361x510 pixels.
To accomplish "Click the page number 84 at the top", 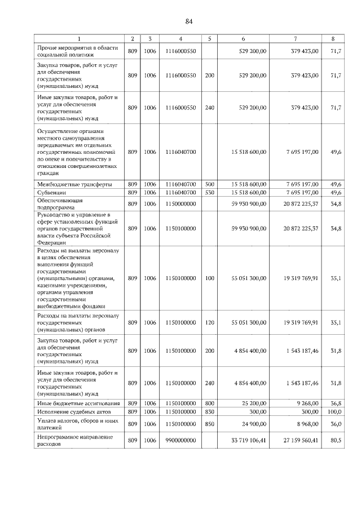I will (189, 21).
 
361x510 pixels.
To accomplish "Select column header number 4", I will (180, 38).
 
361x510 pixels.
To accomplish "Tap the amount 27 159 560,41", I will (301, 441).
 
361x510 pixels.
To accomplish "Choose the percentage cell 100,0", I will (335, 412).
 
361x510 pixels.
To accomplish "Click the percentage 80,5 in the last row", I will (336, 441).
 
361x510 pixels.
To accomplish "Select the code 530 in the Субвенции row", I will (209, 192).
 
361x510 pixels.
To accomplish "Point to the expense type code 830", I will (209, 412).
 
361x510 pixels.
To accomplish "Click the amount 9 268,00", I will (307, 403).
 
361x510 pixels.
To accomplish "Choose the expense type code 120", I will (209, 323).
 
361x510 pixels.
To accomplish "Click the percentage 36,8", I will (336, 403).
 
